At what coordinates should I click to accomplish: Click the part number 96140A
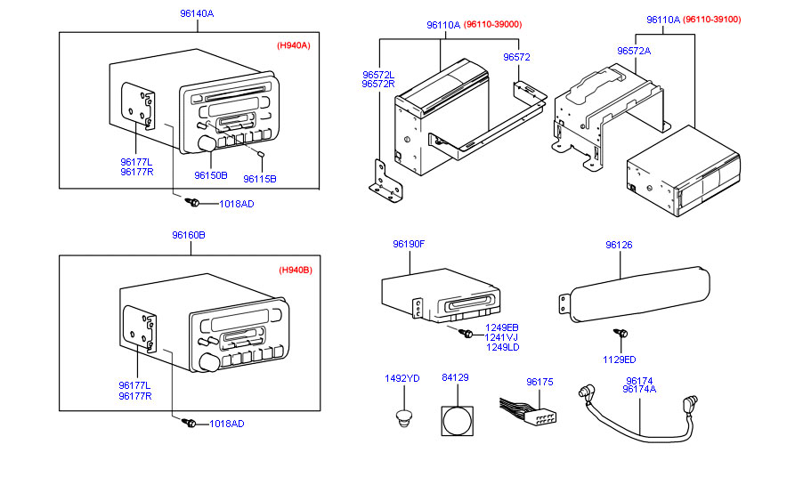coord(199,14)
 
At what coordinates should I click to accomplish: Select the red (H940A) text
coord(293,44)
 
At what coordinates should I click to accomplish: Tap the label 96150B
coord(211,175)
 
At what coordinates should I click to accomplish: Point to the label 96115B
coord(260,178)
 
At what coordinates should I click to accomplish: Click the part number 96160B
coord(189,235)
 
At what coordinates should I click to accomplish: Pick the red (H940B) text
coord(295,270)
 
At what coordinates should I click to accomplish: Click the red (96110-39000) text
coord(492,25)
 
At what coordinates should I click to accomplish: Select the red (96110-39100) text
coord(712,20)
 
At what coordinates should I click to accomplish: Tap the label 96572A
coord(634,51)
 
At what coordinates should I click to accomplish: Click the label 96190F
coord(409,244)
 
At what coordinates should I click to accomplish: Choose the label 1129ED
coord(620,360)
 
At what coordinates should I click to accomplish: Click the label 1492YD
coord(402,378)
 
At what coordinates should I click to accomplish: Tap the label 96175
coord(539,382)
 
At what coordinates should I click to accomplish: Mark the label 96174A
coord(639,389)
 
